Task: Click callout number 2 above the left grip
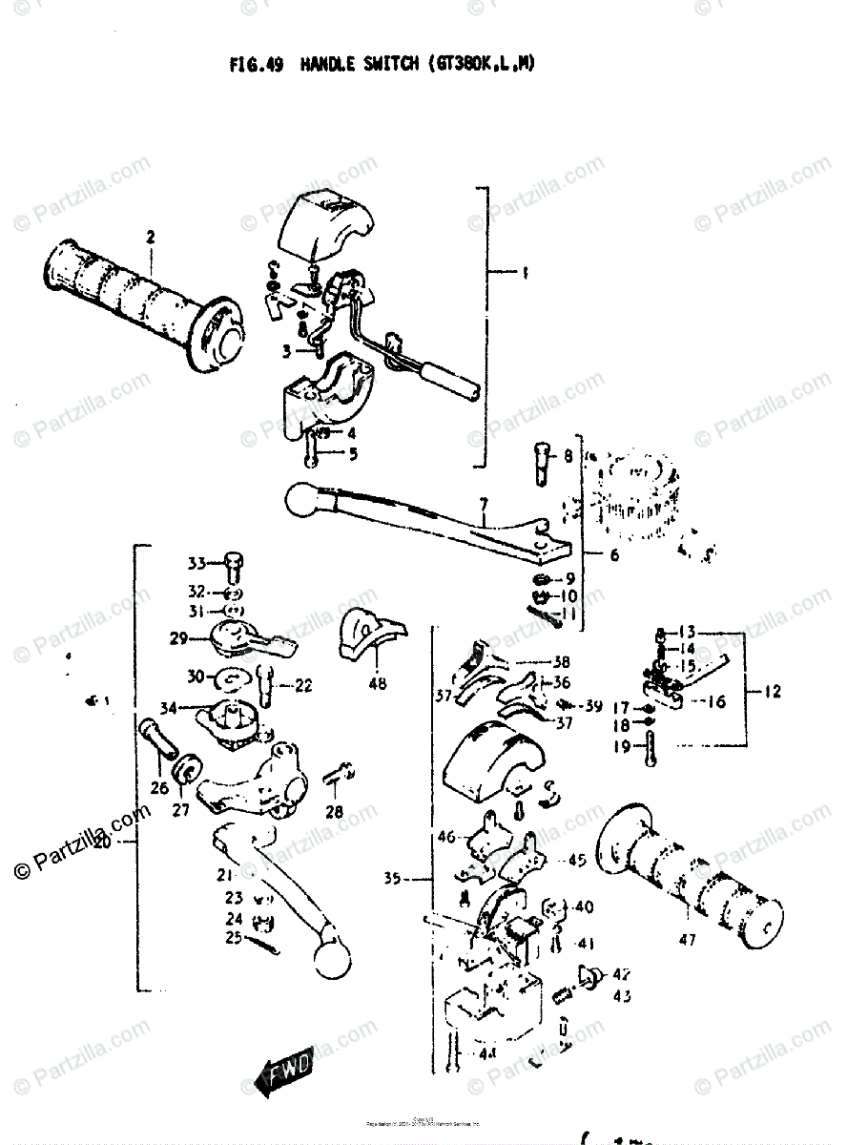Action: [x=150, y=236]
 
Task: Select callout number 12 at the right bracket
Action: [x=772, y=690]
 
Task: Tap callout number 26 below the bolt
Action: [x=158, y=787]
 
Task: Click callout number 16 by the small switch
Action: [x=716, y=701]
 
